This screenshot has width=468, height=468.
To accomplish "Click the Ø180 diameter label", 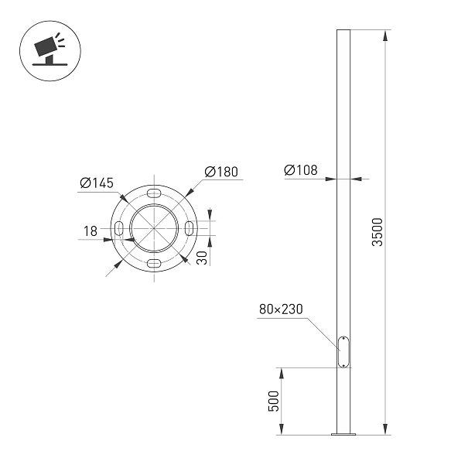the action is pos(221,172).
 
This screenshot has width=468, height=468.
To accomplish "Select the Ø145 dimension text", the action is pos(97,183).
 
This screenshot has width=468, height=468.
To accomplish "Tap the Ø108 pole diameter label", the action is pos(301,170).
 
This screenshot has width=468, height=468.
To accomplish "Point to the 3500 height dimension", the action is pos(377,232).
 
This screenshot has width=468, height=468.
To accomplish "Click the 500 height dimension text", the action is pos(273,401).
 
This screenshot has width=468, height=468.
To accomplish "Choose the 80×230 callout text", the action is pos(281,309).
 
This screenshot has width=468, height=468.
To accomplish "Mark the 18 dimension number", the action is pos(91,231).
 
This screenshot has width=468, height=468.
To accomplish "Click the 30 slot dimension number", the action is pos(202,258).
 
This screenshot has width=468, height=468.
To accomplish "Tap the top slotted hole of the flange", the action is pos(154,193).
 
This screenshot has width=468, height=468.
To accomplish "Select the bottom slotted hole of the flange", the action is pos(154,263).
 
